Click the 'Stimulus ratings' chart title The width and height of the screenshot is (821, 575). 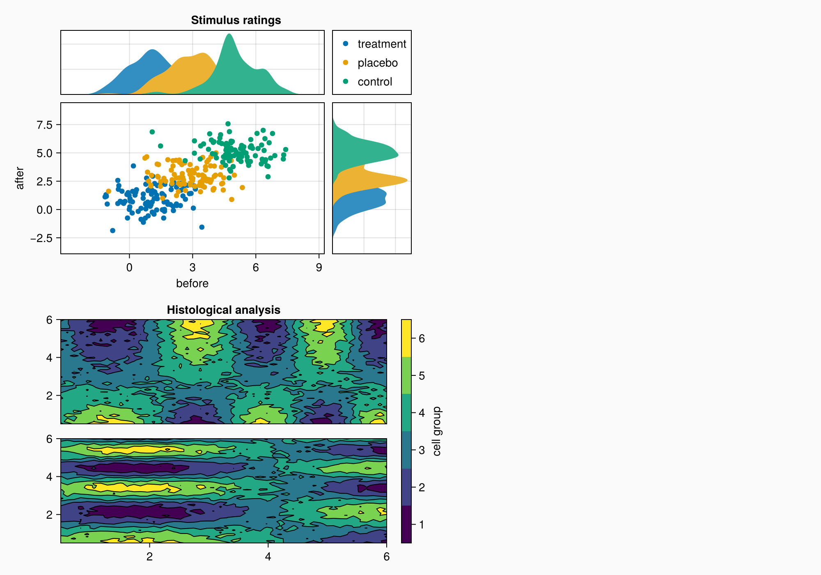point(236,20)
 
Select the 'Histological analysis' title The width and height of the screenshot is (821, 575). point(223,310)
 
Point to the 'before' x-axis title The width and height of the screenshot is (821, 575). point(192,283)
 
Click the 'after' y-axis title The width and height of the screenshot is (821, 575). point(20,178)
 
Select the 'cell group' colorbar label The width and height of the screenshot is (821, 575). point(437,431)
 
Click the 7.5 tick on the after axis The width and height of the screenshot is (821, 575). point(44,124)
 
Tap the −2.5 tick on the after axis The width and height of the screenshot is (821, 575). point(41,238)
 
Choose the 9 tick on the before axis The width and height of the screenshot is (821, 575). point(319,268)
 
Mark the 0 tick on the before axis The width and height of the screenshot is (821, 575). point(129,268)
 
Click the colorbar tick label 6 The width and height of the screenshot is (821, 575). point(422,338)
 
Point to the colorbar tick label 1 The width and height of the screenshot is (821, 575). point(422,524)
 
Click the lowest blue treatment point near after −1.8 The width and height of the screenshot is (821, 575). point(112,230)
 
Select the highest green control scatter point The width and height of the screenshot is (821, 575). point(228,124)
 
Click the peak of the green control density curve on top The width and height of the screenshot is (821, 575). point(229,34)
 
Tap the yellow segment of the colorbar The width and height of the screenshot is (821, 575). point(406,338)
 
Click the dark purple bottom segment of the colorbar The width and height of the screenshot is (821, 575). point(406,524)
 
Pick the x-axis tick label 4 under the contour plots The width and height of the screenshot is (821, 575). point(268,557)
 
